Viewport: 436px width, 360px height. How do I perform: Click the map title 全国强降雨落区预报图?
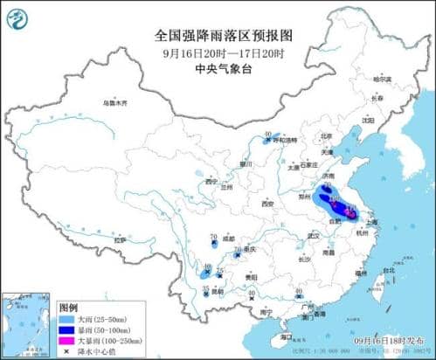(218, 36)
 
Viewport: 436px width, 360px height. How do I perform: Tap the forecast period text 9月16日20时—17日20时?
(218, 51)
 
